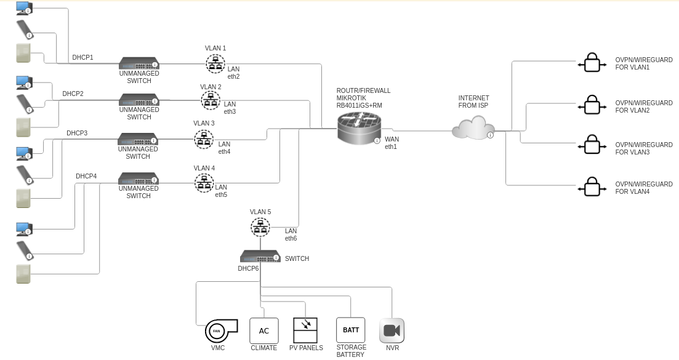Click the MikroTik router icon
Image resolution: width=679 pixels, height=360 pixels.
(359, 129)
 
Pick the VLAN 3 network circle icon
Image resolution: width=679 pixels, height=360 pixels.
(204, 139)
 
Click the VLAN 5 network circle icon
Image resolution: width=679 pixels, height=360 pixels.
(260, 227)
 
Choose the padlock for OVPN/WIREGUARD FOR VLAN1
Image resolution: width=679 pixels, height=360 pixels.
(592, 63)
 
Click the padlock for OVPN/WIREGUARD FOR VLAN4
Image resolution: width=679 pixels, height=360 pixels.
(592, 187)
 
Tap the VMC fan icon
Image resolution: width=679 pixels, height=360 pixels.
(220, 331)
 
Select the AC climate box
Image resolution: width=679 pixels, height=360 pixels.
(264, 331)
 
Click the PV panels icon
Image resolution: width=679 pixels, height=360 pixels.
(305, 330)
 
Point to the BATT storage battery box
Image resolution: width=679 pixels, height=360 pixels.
(350, 330)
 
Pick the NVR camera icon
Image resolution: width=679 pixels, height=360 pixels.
(392, 330)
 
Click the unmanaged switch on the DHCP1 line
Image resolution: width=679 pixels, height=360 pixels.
(139, 63)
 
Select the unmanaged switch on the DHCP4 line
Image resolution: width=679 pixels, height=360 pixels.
(139, 179)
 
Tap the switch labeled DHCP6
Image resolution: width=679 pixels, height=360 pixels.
(260, 257)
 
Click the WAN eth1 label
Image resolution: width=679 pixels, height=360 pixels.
(392, 143)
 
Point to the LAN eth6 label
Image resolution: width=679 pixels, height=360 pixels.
(291, 234)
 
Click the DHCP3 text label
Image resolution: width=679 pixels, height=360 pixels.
(77, 133)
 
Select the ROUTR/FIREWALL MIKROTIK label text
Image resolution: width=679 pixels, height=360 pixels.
(363, 98)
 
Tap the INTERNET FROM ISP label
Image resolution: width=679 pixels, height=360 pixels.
(473, 102)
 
